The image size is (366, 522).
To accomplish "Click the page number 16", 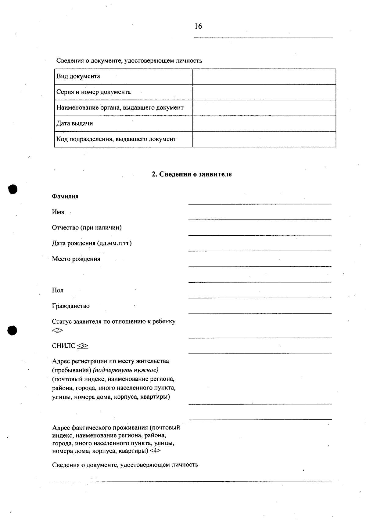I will (198, 26).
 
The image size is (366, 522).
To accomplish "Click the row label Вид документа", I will (78, 76).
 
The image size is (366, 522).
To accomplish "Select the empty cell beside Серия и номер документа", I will (264, 92).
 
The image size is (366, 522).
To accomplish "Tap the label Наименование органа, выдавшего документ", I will (120, 108).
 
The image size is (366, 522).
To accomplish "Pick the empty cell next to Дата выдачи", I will (264, 124).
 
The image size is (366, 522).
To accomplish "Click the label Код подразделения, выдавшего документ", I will (116, 139).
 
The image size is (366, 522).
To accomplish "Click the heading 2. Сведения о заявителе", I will (192, 174).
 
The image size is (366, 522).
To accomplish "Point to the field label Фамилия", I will (65, 196).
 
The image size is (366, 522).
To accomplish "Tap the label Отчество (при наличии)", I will (87, 228).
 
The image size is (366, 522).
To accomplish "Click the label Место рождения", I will (76, 259).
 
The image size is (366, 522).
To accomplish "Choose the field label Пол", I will (58, 290).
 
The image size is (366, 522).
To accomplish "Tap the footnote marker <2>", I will (57, 330).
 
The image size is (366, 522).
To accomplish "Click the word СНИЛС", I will (63, 346).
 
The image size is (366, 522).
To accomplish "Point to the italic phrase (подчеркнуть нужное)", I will (126, 370).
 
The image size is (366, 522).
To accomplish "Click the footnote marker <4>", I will (155, 451).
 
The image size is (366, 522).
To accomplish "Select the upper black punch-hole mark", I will (13, 189).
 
